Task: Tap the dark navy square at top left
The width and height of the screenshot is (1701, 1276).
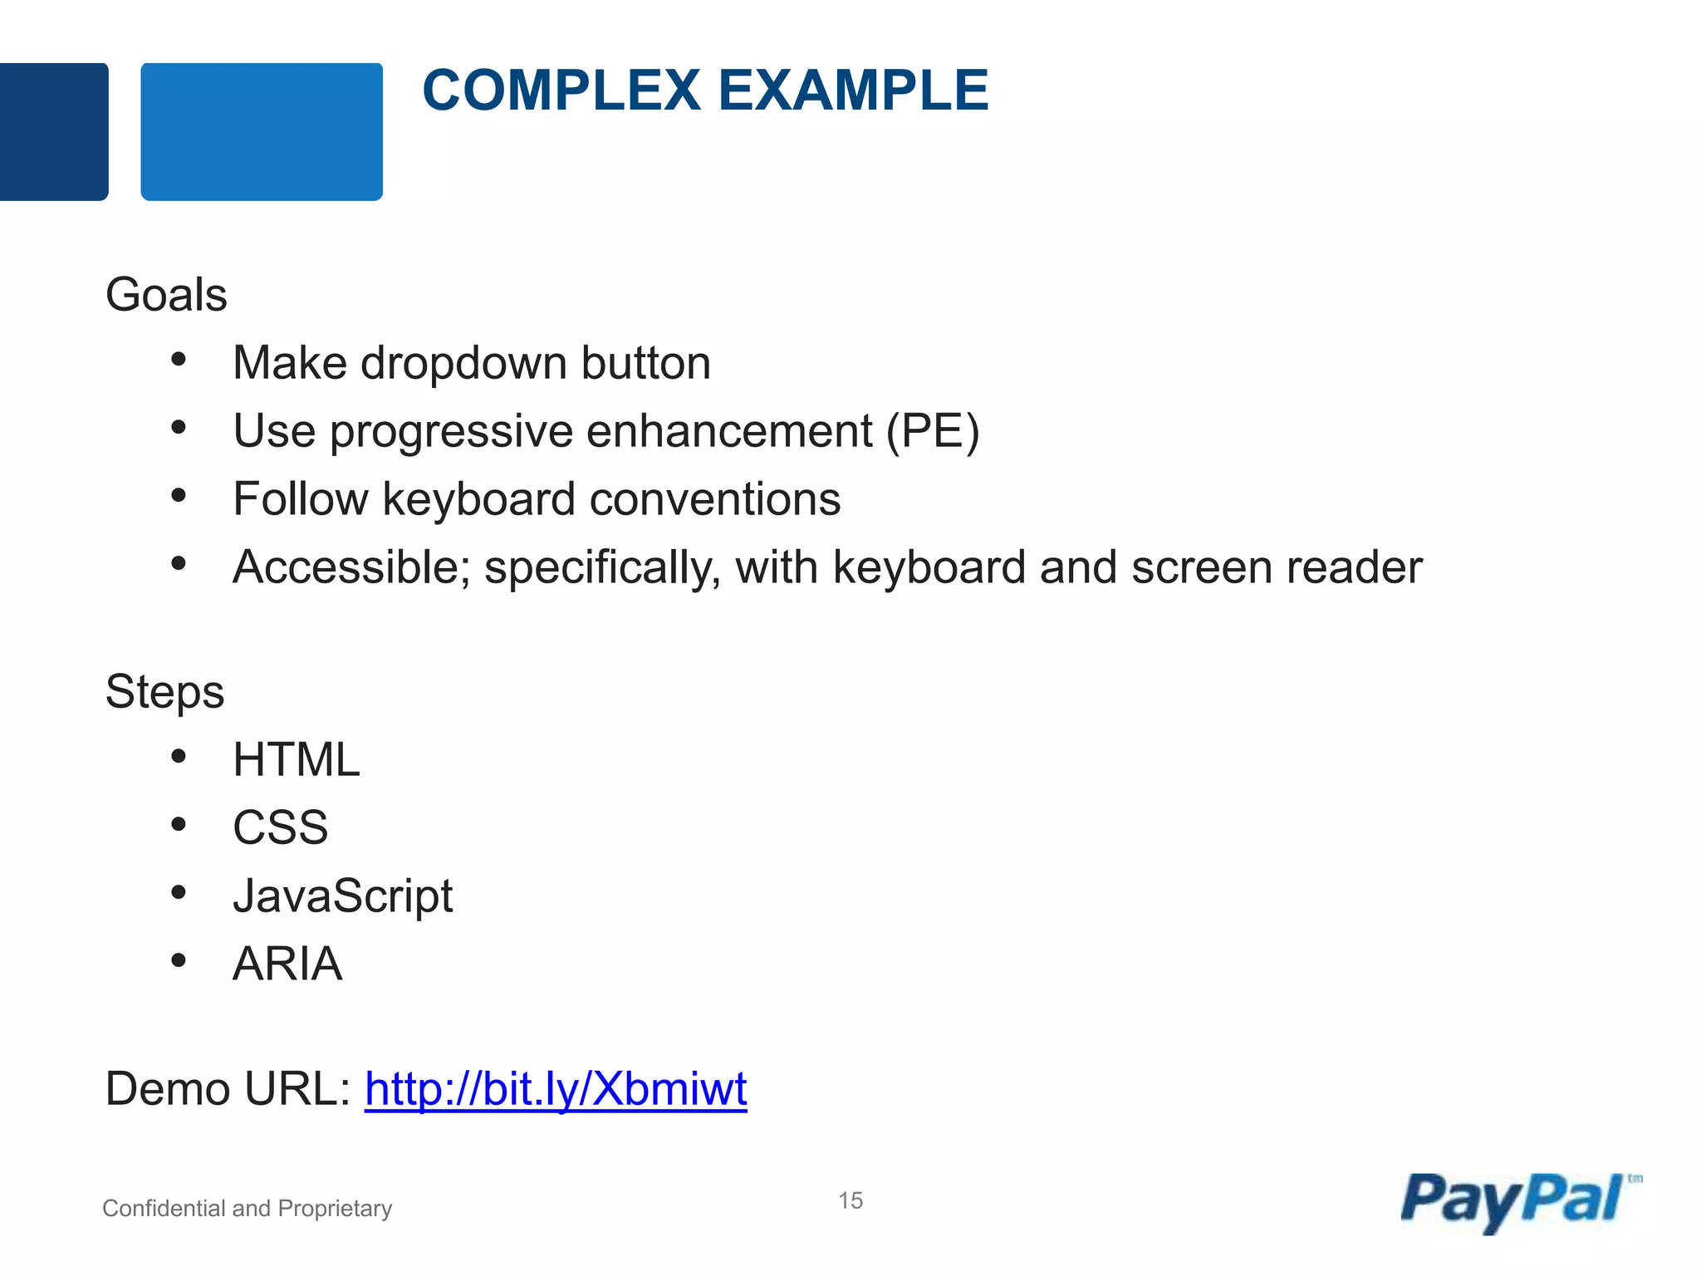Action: (53, 131)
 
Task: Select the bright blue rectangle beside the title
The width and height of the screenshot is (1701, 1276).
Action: (262, 131)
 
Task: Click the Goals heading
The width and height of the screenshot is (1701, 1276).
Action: (166, 295)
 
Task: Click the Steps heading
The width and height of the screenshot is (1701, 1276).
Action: (164, 692)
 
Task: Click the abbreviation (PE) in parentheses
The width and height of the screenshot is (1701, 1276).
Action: (933, 432)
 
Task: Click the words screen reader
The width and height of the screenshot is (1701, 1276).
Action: (1277, 567)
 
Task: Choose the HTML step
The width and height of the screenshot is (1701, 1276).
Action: (297, 759)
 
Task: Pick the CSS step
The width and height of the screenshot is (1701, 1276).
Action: (280, 827)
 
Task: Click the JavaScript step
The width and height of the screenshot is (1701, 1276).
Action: (342, 896)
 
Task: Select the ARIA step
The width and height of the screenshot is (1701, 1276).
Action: (287, 964)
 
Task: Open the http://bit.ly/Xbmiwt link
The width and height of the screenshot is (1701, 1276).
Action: (556, 1089)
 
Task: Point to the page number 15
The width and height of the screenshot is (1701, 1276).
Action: (850, 1200)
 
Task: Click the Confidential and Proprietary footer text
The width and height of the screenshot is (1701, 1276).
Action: (247, 1208)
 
